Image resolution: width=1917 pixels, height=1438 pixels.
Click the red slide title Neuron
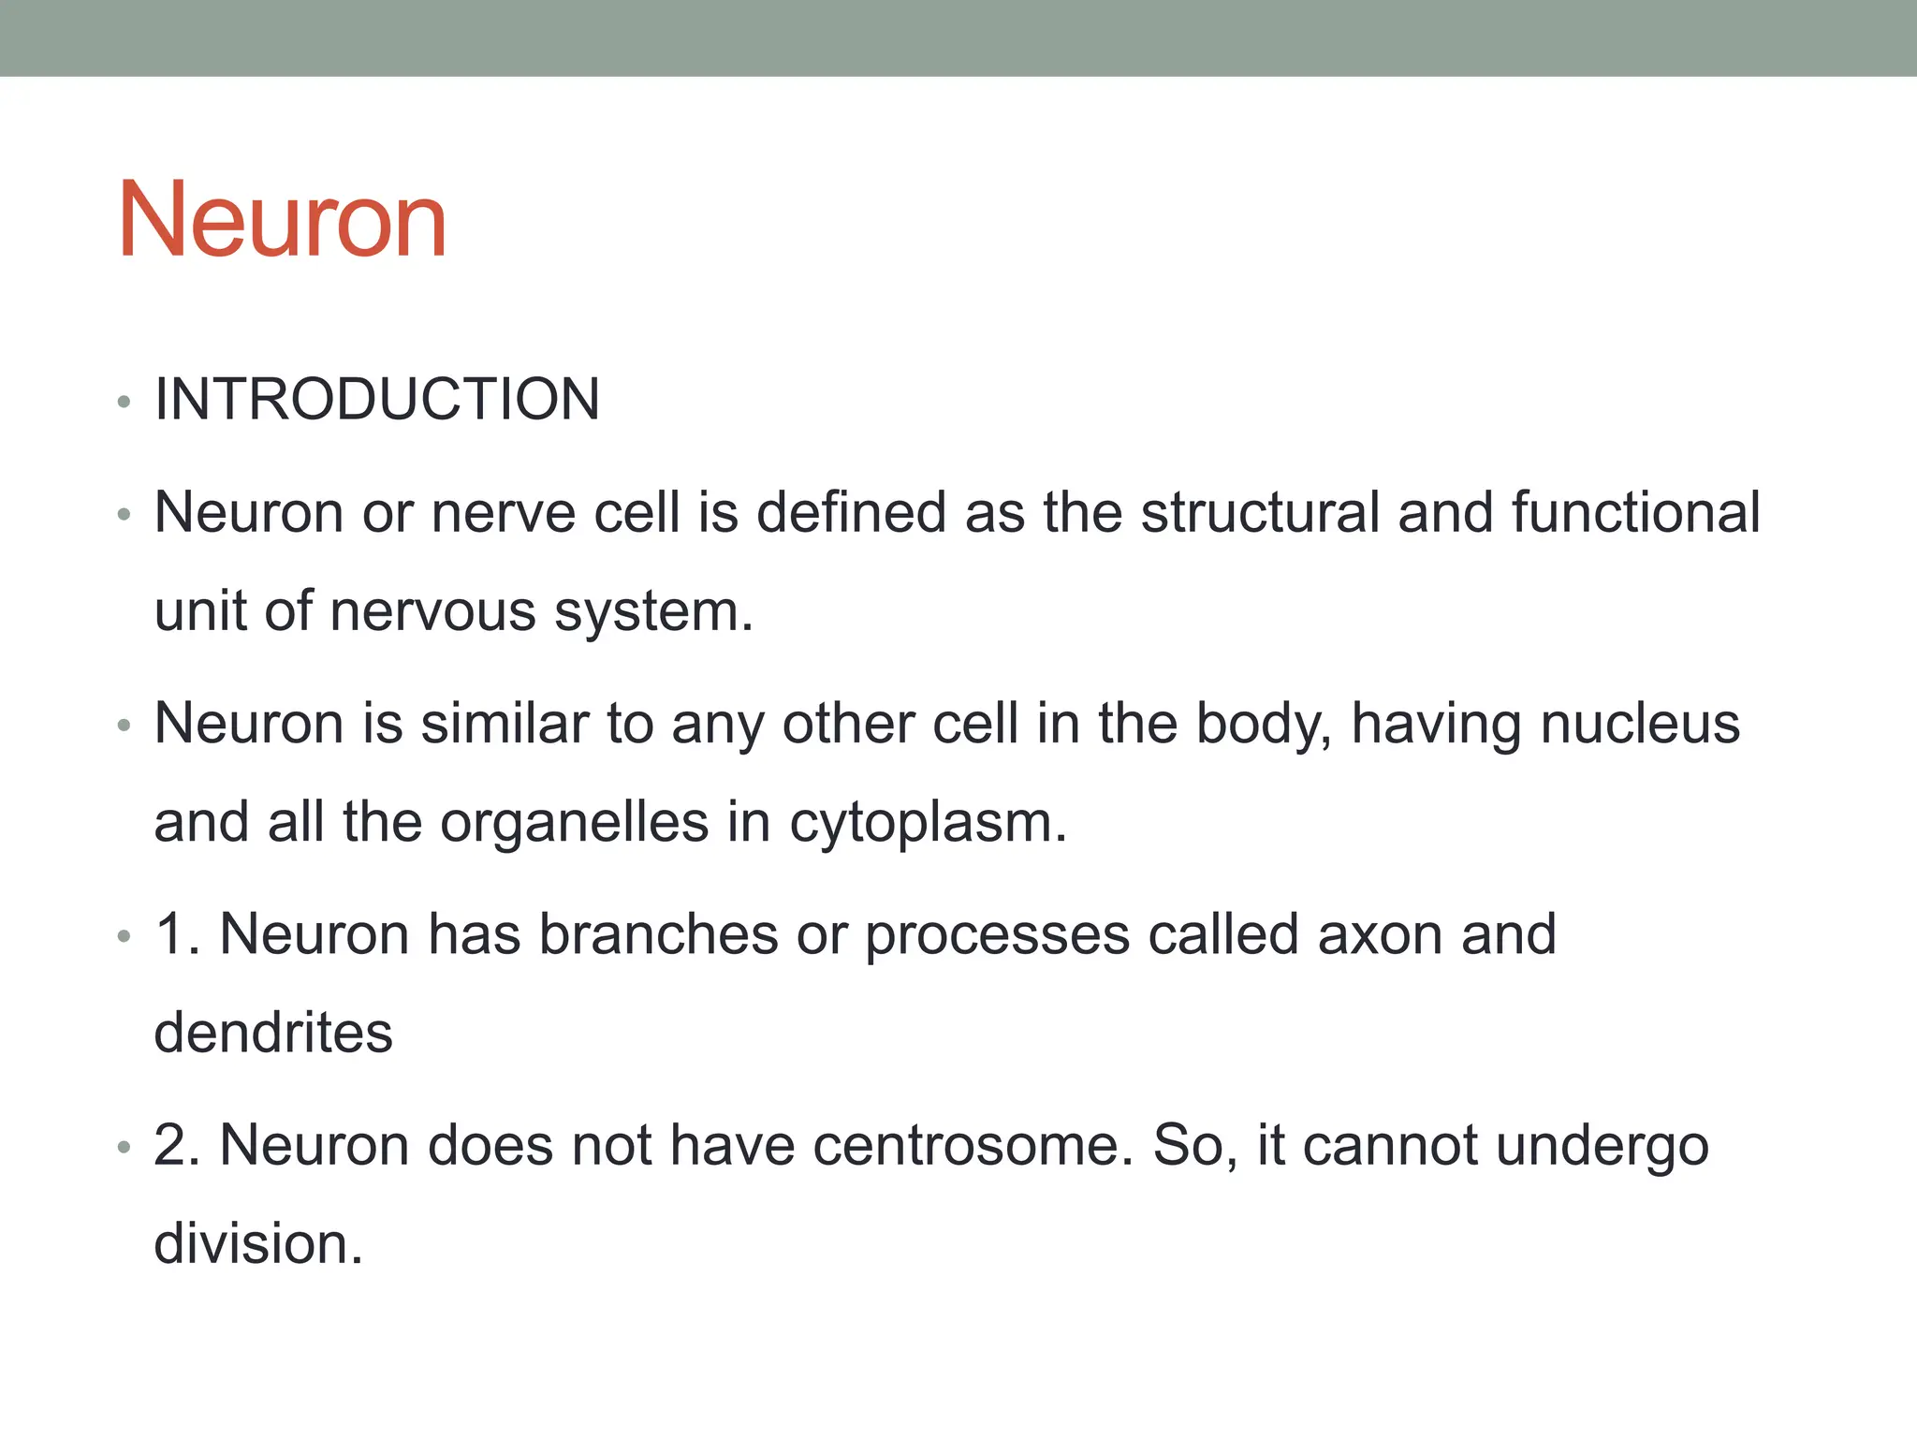[x=282, y=221]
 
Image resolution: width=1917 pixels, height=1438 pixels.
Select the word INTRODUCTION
[x=377, y=400]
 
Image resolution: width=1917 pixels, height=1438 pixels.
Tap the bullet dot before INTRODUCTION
[x=124, y=404]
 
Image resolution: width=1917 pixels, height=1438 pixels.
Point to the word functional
[x=1635, y=513]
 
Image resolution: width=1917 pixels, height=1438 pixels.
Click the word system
[x=653, y=613]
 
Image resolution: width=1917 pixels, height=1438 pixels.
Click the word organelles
[x=575, y=822]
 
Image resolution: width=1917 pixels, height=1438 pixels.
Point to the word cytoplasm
[x=928, y=824]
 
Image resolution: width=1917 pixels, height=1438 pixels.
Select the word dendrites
[x=273, y=1033]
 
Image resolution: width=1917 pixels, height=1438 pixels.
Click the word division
[x=257, y=1244]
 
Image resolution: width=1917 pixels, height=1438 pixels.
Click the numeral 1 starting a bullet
[x=172, y=934]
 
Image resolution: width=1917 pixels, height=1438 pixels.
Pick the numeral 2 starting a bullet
[x=173, y=1145]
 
